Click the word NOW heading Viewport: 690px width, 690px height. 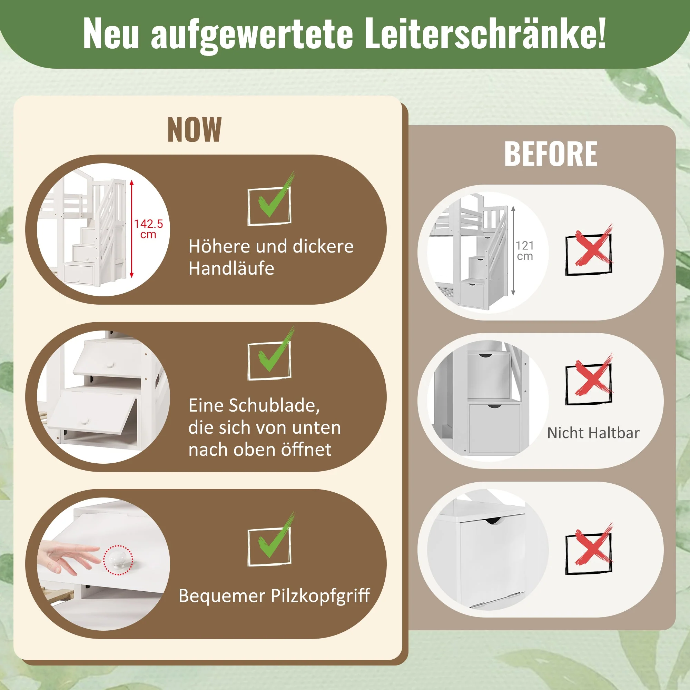point(194,130)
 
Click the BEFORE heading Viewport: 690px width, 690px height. point(550,154)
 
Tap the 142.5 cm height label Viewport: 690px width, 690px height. point(148,229)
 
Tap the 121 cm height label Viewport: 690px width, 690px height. point(525,251)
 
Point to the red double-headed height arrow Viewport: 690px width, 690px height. point(131,229)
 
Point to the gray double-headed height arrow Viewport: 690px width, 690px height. point(513,251)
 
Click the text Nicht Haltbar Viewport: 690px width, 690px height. point(593,433)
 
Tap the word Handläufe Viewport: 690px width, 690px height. point(231,268)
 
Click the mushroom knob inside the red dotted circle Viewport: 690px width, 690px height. point(118,559)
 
